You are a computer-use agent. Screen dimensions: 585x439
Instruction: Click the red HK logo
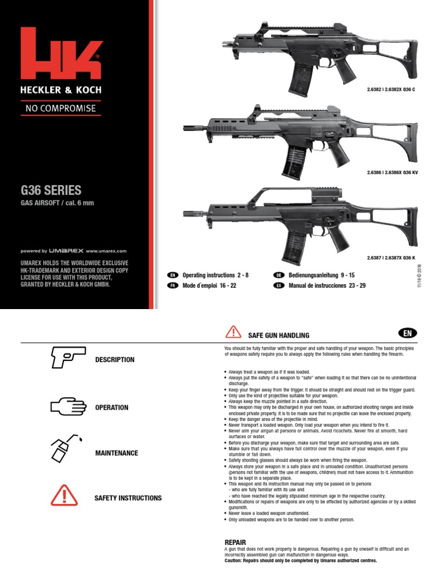[61, 54]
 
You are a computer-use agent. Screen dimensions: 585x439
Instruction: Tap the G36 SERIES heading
[51, 190]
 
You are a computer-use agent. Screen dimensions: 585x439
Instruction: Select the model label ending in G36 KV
[390, 173]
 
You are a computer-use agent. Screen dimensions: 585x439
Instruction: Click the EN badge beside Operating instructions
[173, 275]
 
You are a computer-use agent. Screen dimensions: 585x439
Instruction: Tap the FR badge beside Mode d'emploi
[173, 285]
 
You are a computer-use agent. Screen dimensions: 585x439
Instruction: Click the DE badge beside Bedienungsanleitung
[280, 275]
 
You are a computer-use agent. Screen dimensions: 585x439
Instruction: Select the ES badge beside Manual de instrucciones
[280, 285]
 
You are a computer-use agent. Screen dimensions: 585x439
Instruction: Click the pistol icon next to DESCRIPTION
[67, 358]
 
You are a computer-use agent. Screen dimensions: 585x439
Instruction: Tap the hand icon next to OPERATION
[67, 406]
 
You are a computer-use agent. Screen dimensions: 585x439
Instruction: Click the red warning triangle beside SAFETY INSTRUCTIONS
[64, 494]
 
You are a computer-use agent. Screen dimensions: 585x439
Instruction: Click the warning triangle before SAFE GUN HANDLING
[234, 332]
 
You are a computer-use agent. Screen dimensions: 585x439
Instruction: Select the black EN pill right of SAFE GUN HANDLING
[406, 333]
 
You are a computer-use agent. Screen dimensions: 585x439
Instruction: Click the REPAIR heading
[236, 542]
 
